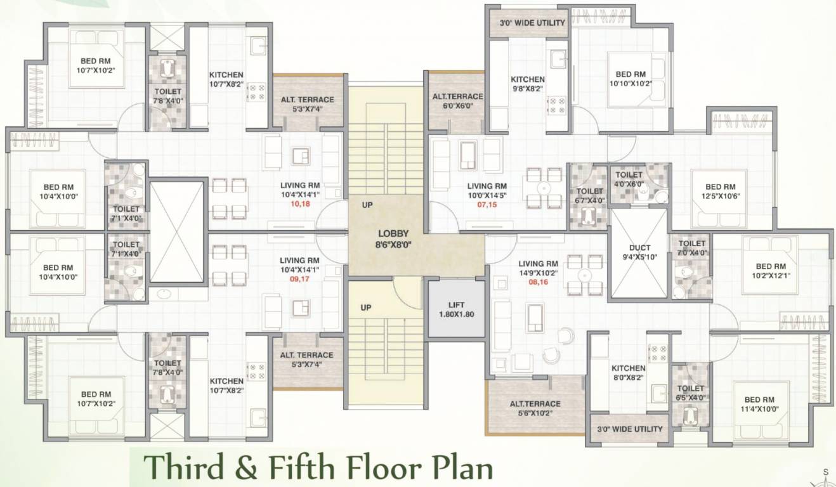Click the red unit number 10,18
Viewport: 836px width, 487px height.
tap(300, 204)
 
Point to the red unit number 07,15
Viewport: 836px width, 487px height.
tap(487, 205)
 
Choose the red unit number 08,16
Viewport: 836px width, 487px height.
tap(537, 282)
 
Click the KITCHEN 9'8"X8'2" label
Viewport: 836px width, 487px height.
tap(528, 84)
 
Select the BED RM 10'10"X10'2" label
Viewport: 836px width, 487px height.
tap(631, 79)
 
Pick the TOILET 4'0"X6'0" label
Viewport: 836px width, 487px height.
tap(629, 179)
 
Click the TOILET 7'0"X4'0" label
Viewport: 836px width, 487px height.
tap(691, 248)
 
